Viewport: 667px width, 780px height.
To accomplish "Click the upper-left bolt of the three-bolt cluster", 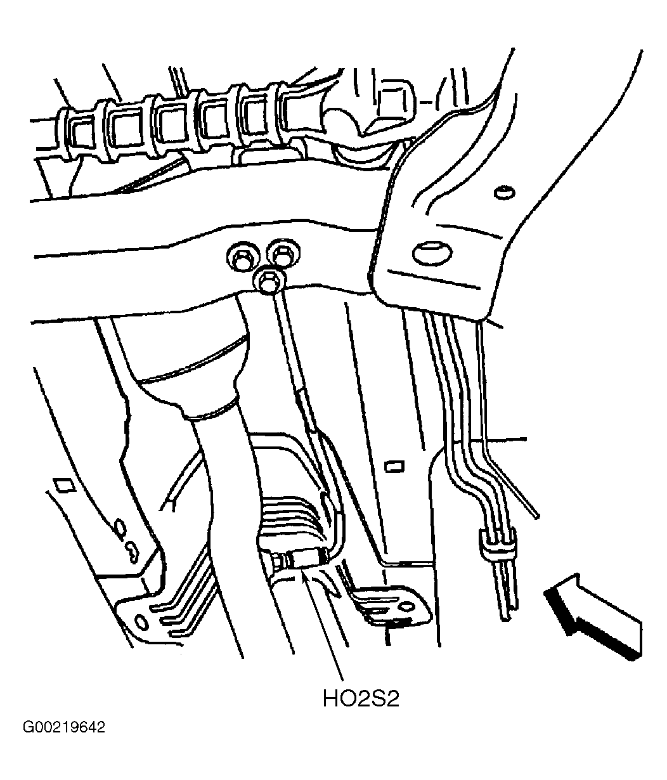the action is tap(243, 257).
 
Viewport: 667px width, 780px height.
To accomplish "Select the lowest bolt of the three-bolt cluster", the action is tap(269, 282).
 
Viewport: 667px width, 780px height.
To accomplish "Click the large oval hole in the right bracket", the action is tap(432, 254).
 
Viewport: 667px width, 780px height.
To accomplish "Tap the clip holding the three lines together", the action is tap(497, 543).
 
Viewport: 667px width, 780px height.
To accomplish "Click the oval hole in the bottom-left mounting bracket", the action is tap(141, 621).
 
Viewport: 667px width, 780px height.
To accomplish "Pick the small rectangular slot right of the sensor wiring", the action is tap(394, 467).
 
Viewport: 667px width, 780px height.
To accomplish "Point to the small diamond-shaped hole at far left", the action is tap(65, 485).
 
